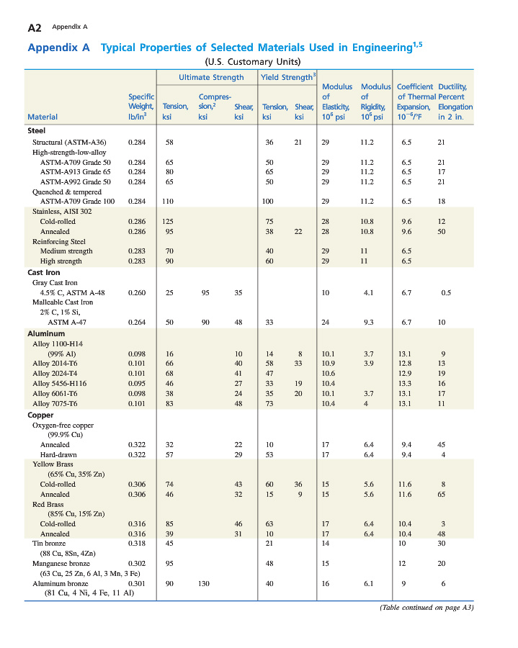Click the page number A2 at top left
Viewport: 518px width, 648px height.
(34, 27)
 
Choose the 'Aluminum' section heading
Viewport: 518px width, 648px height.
(46, 333)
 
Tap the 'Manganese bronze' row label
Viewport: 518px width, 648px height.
(65, 562)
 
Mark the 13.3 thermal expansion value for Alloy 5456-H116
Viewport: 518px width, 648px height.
(405, 384)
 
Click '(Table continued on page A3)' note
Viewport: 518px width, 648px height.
(427, 607)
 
